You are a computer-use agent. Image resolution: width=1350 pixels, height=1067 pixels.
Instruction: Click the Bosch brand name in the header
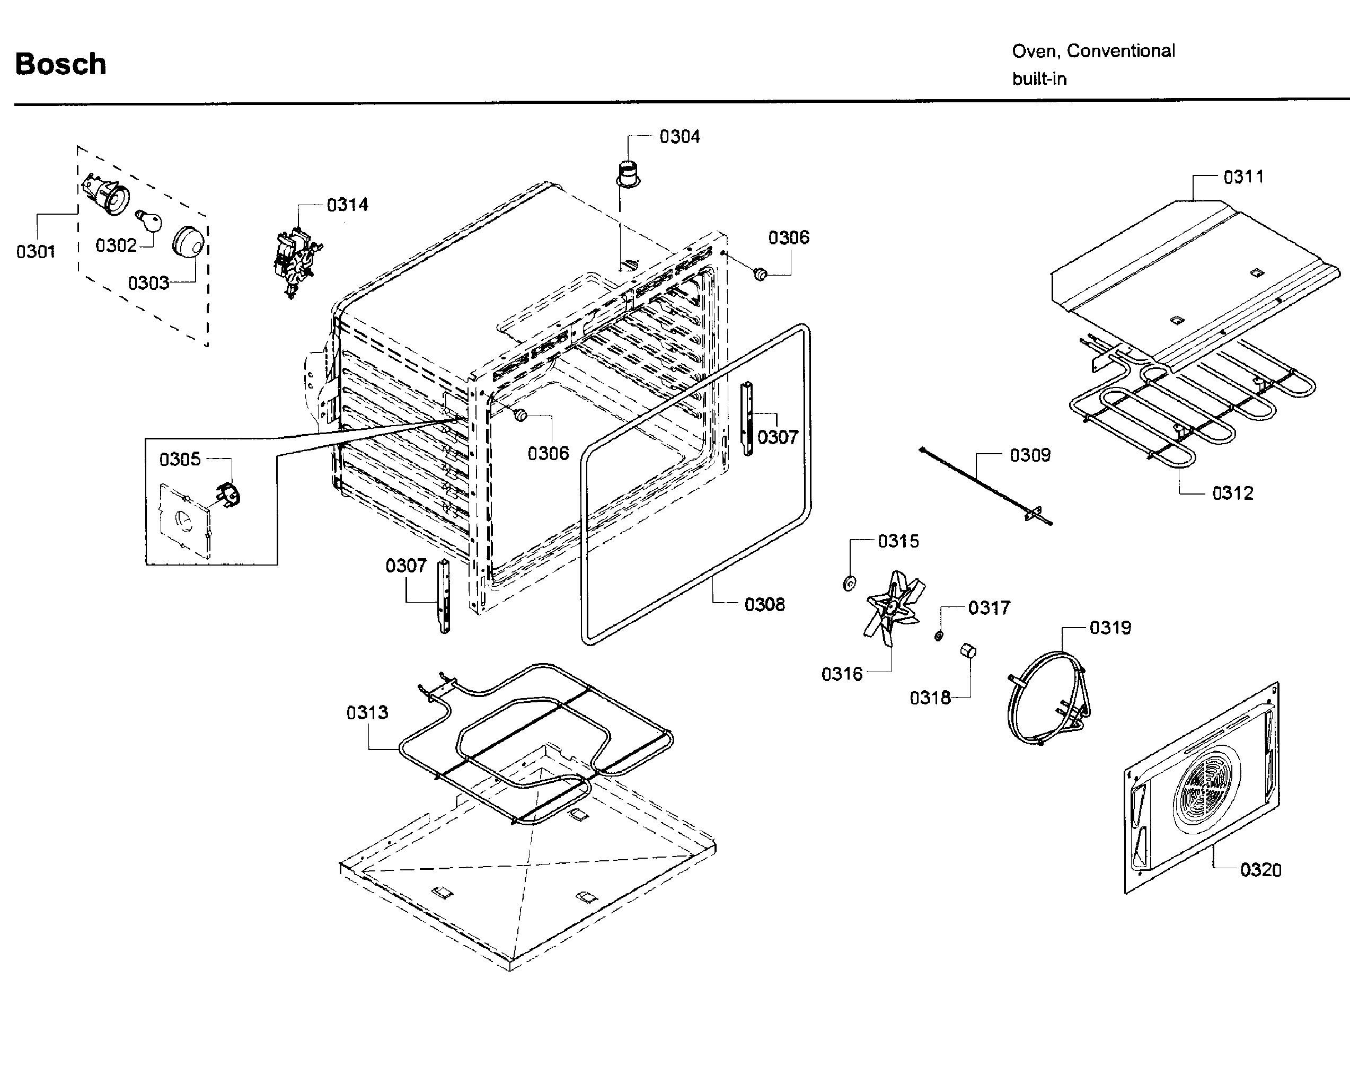(x=60, y=64)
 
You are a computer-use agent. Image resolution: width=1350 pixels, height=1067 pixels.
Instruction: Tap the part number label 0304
(x=680, y=137)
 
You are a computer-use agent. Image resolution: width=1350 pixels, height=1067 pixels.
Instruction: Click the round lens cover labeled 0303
(x=189, y=241)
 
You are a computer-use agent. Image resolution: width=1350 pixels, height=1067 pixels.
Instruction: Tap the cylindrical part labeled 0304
(x=627, y=172)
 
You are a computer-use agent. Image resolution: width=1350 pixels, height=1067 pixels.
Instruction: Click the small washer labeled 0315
(x=849, y=584)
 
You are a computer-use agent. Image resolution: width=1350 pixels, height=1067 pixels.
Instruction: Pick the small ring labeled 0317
(x=938, y=636)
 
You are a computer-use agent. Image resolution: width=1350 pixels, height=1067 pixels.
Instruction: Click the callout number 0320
(x=1260, y=870)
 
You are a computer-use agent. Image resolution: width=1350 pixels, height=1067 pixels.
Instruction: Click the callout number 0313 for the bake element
(x=367, y=712)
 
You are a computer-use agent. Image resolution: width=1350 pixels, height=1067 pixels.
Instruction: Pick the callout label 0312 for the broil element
(x=1232, y=493)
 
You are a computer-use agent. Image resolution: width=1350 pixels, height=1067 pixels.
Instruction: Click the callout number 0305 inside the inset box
(x=180, y=459)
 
